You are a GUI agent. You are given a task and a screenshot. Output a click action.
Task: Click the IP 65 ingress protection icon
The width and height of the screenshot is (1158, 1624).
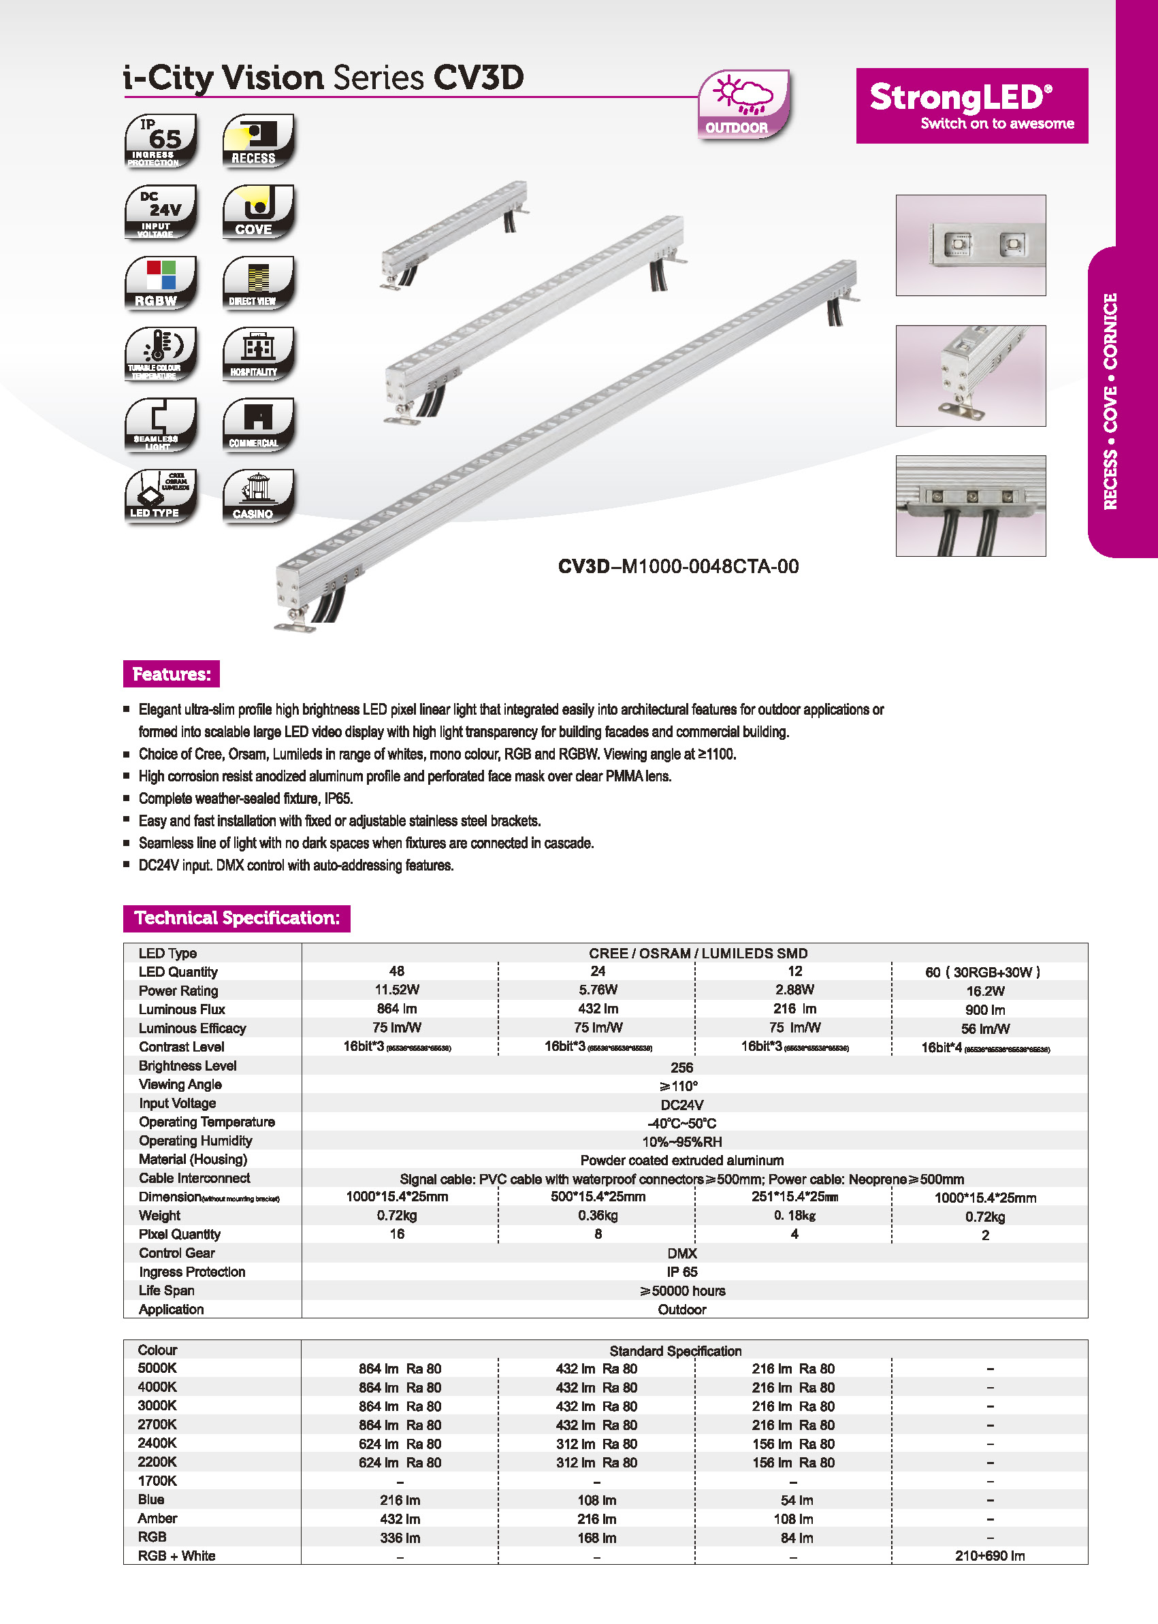[161, 141]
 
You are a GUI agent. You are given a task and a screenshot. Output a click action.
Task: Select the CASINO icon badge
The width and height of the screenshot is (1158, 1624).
[258, 496]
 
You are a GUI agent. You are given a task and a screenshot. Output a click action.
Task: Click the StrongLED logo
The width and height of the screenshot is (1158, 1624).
[971, 105]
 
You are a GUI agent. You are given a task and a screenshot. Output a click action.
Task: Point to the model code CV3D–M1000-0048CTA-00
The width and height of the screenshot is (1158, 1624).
[678, 567]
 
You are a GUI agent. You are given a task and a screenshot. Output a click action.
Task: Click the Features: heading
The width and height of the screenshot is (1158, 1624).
[171, 674]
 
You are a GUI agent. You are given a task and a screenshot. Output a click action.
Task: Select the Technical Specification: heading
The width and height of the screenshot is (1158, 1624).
[237, 917]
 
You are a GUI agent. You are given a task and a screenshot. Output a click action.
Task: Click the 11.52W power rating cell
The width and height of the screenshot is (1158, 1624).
[397, 990]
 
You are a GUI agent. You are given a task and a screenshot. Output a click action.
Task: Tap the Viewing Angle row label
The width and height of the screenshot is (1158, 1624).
[180, 1084]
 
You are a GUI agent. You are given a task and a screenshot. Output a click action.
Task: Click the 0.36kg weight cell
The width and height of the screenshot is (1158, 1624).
[598, 1216]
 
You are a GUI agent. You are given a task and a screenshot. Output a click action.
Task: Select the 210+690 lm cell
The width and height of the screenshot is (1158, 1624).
[990, 1555]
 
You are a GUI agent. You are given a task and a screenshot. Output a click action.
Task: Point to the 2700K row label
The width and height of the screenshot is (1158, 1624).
[157, 1425]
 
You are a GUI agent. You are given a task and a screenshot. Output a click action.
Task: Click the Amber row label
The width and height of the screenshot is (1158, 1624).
[157, 1519]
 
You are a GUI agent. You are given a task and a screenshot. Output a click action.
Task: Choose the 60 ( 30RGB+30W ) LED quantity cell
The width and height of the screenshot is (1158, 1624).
[982, 972]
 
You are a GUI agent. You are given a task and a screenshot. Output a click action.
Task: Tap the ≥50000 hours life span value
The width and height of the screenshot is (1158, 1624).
[681, 1290]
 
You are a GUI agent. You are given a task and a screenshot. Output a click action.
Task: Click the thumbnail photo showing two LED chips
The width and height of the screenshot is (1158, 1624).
[971, 245]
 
